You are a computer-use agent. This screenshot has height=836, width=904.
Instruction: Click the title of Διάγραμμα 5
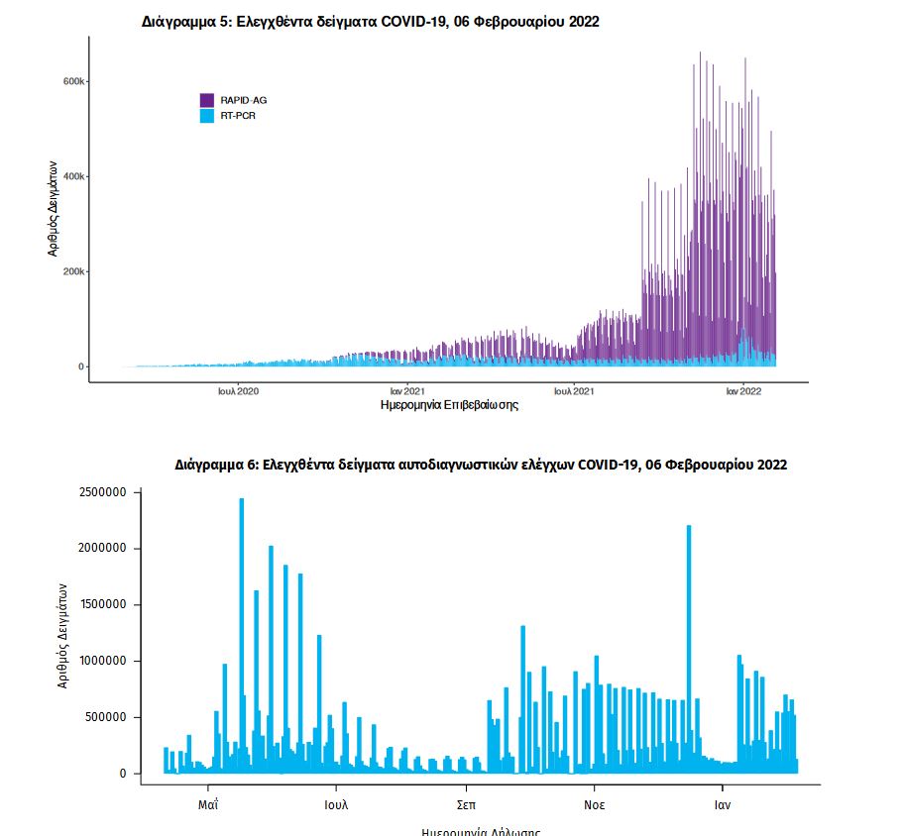coord(371,23)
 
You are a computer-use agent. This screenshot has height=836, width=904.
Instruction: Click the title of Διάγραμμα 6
coord(481,464)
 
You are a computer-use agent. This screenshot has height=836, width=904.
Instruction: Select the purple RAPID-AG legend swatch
coord(207,100)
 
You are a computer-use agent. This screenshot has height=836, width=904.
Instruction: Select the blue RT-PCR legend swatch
coord(207,116)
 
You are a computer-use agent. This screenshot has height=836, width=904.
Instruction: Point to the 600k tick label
coord(75,81)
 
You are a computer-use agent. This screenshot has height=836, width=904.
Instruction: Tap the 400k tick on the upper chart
coord(75,176)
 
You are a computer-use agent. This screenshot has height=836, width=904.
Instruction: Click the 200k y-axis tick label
coord(75,271)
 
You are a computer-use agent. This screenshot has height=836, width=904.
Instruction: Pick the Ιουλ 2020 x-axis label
coord(238,391)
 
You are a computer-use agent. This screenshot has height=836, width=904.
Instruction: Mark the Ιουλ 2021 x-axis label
coord(574,391)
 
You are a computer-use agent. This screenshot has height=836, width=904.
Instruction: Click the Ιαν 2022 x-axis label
coord(743,391)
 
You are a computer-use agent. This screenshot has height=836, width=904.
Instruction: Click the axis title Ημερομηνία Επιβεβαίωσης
coord(449,405)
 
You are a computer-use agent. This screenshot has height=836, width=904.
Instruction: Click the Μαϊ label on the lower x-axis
coord(208,804)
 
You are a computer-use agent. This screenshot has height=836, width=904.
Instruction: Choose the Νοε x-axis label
coord(595,804)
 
